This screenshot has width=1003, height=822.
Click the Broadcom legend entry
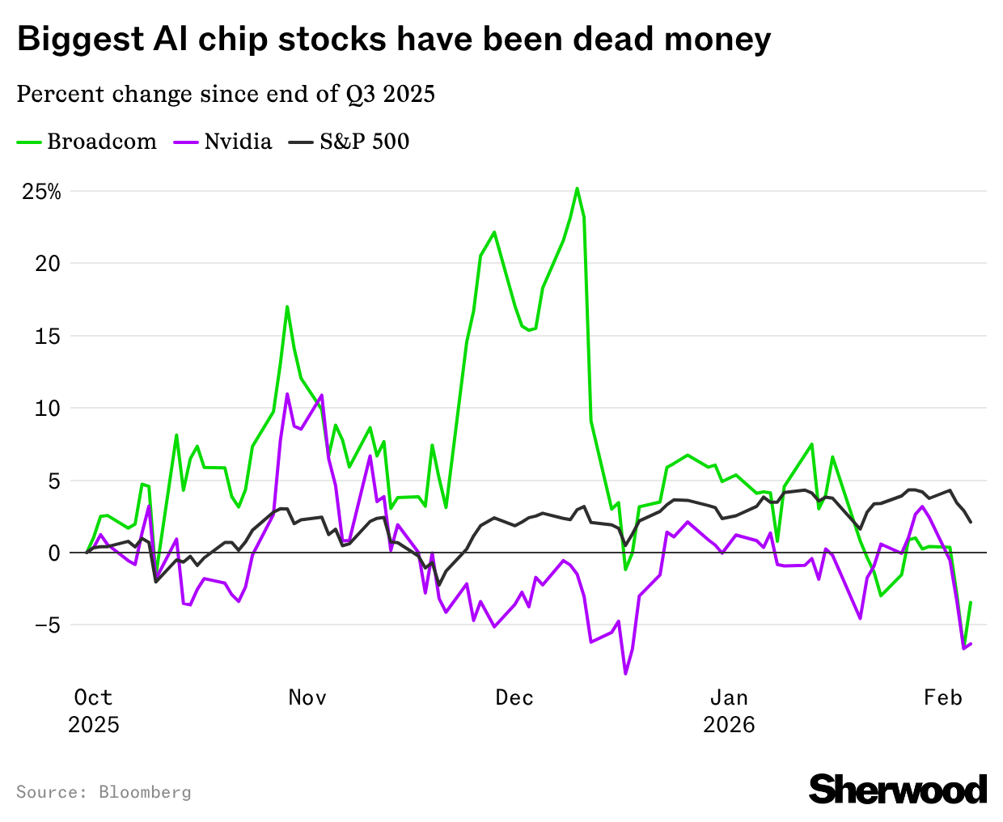pyautogui.click(x=87, y=142)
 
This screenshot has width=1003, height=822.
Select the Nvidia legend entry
pyautogui.click(x=223, y=142)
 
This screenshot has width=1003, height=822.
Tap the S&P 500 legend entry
pyautogui.click(x=350, y=142)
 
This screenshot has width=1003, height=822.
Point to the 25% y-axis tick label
pyautogui.click(x=42, y=192)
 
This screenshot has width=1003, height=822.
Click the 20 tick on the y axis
pyautogui.click(x=49, y=264)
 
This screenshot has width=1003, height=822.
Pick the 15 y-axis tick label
pyautogui.click(x=49, y=336)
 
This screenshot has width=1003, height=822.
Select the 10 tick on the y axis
pyautogui.click(x=49, y=409)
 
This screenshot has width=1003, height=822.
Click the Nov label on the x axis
pyautogui.click(x=307, y=697)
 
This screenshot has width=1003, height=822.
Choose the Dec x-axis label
pyautogui.click(x=514, y=697)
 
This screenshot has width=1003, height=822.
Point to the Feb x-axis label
pyautogui.click(x=943, y=697)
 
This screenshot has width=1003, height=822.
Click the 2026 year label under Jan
pyautogui.click(x=729, y=724)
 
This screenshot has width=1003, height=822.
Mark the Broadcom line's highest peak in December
pyautogui.click(x=577, y=189)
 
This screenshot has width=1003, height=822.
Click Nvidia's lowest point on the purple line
pyautogui.click(x=625, y=673)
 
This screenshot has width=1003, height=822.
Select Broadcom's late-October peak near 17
pyautogui.click(x=287, y=307)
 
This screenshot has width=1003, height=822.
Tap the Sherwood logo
pyautogui.click(x=898, y=788)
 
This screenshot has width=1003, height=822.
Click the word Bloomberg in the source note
pyautogui.click(x=145, y=792)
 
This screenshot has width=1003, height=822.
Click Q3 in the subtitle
pyautogui.click(x=361, y=95)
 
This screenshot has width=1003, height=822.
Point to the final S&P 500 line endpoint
pyautogui.click(x=971, y=522)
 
